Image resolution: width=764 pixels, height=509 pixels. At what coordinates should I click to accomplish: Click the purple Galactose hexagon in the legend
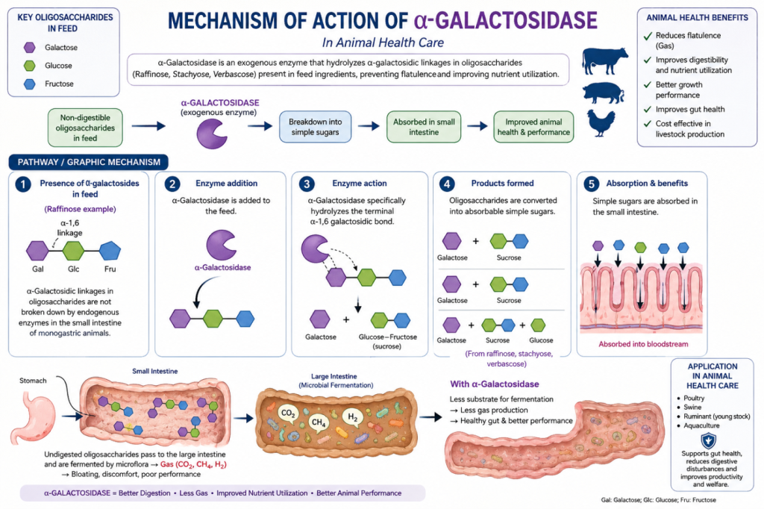pyautogui.click(x=30, y=47)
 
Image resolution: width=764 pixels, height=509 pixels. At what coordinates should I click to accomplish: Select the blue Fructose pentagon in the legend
pyautogui.click(x=30, y=84)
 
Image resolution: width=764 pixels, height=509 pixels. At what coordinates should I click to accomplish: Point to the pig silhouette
pyautogui.click(x=603, y=93)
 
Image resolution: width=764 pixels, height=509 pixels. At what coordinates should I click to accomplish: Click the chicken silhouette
pyautogui.click(x=601, y=123)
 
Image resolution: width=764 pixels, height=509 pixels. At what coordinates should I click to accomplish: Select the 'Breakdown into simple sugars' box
pyautogui.click(x=316, y=127)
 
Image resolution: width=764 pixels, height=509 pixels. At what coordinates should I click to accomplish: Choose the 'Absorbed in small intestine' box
pyautogui.click(x=424, y=127)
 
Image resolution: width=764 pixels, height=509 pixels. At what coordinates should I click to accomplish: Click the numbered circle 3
pyautogui.click(x=307, y=184)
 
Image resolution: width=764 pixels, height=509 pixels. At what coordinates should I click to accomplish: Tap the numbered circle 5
pyautogui.click(x=591, y=184)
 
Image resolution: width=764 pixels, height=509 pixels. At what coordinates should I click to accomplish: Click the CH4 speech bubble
pyautogui.click(x=319, y=422)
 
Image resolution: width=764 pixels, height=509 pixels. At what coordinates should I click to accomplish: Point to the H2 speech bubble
pyautogui.click(x=353, y=418)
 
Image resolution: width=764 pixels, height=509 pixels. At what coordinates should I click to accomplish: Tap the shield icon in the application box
pyautogui.click(x=708, y=441)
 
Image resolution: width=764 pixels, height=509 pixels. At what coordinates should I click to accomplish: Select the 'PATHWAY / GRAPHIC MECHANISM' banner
pyautogui.click(x=89, y=162)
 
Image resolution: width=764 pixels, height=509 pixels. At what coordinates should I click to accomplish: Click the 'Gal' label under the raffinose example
pyautogui.click(x=37, y=269)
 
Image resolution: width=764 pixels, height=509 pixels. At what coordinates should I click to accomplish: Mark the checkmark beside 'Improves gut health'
pyautogui.click(x=648, y=109)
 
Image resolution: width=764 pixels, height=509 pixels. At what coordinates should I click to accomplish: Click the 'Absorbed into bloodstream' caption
pyautogui.click(x=643, y=344)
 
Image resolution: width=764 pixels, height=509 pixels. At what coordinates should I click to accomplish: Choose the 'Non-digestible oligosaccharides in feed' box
pyautogui.click(x=85, y=128)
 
